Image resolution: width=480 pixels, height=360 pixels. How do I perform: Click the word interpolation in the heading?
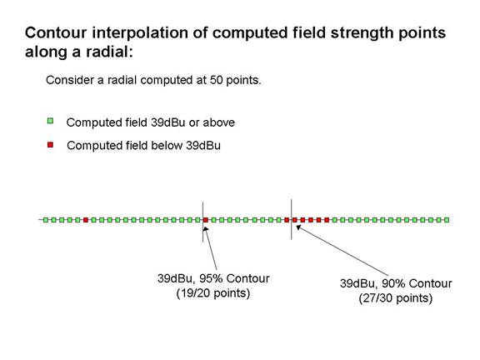pyautogui.click(x=140, y=32)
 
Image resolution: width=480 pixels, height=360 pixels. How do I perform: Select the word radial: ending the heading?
pyautogui.click(x=109, y=52)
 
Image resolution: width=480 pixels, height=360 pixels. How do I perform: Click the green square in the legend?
pyautogui.click(x=50, y=121)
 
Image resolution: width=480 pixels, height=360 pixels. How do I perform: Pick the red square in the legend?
pyautogui.click(x=50, y=144)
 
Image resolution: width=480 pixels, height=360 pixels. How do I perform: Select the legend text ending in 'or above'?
pyautogui.click(x=151, y=122)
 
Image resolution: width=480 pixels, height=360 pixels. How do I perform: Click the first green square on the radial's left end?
pyautogui.click(x=46, y=220)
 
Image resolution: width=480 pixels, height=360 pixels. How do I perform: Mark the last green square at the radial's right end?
pyautogui.click(x=447, y=220)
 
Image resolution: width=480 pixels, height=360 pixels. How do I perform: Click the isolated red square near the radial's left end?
pyautogui.click(x=86, y=220)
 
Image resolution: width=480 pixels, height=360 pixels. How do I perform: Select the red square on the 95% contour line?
pyautogui.click(x=206, y=220)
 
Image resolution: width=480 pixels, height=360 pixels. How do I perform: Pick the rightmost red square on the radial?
pyautogui.click(x=327, y=220)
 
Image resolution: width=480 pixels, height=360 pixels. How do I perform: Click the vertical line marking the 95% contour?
pyautogui.click(x=202, y=222)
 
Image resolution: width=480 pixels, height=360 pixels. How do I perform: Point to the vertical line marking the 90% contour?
pyautogui.click(x=291, y=219)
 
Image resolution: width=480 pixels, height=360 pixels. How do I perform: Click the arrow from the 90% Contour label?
pyautogui.click(x=342, y=249)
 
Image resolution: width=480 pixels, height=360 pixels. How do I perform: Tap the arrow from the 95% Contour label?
pyautogui.click(x=211, y=248)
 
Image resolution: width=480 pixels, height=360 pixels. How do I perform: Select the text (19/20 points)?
pyautogui.click(x=213, y=293)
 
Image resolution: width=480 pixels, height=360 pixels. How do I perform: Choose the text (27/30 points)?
pyautogui.click(x=396, y=298)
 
